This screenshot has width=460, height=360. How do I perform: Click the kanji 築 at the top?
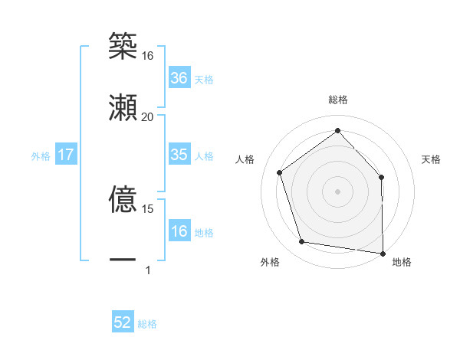[x=123, y=47]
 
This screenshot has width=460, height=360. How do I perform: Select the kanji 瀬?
[x=123, y=107]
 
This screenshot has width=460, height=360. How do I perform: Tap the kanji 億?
[x=123, y=200]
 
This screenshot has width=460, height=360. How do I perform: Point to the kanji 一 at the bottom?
[x=123, y=260]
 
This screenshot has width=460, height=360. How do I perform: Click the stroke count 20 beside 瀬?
[x=147, y=116]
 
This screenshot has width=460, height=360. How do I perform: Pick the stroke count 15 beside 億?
[x=147, y=208]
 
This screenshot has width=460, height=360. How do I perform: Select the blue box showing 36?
[x=179, y=78]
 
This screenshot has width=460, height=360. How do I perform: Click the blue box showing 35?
[x=179, y=155]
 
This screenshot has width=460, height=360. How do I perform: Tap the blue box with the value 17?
[x=66, y=155]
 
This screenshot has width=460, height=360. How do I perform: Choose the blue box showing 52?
[x=123, y=322]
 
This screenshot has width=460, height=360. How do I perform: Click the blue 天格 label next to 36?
[x=204, y=80]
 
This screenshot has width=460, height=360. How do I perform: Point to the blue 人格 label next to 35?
[x=204, y=156]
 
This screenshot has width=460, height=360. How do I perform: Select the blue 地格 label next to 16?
[x=204, y=233]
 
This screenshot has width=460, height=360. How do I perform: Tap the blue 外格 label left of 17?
[x=41, y=156]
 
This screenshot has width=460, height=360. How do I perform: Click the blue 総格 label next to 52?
[x=147, y=324]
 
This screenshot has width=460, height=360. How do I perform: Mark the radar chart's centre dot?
[x=337, y=191]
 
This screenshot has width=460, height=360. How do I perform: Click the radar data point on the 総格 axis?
[x=337, y=130]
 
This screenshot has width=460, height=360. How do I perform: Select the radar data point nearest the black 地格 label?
[x=383, y=253]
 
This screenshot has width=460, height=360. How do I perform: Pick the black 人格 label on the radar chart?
[x=245, y=159]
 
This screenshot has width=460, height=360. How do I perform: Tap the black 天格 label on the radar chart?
[x=432, y=159]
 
